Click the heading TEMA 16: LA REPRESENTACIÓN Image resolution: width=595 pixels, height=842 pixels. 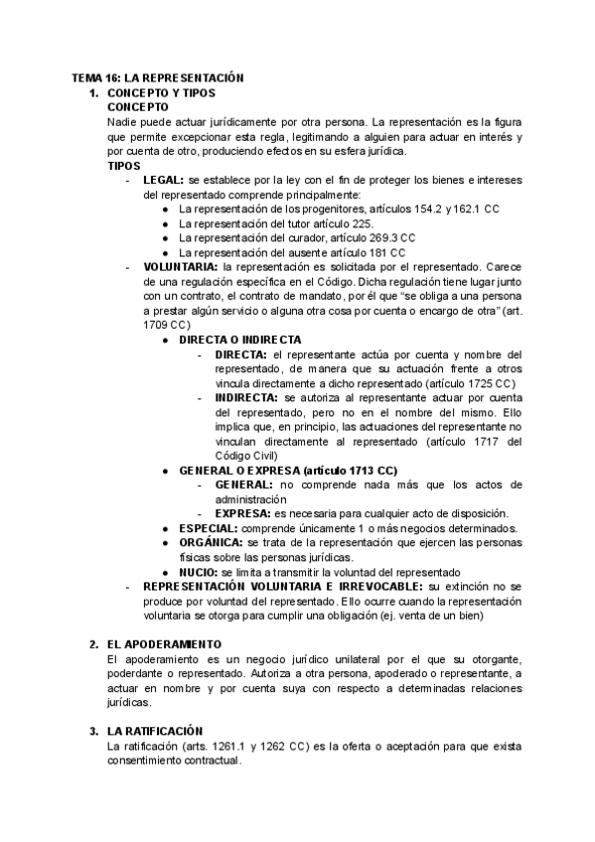[x=158, y=77]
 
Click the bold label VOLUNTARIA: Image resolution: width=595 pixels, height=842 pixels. [x=180, y=267]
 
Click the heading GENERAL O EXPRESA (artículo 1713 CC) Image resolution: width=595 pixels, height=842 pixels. [x=288, y=470]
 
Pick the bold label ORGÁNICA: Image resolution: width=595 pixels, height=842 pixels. [x=212, y=543]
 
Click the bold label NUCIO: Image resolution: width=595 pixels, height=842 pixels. [x=199, y=572]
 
